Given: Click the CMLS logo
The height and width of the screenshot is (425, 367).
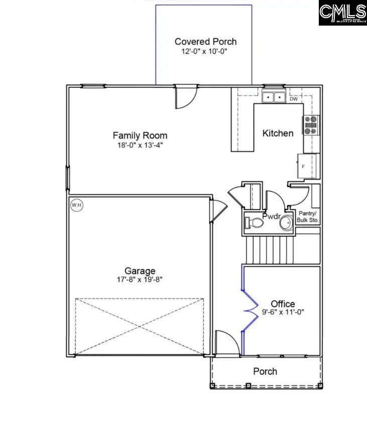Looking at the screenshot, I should [343, 13].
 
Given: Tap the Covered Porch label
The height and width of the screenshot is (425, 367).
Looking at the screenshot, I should [205, 42].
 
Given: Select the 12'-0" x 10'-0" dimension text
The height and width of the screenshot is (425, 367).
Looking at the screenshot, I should [205, 51].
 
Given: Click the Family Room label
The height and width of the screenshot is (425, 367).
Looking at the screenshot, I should [140, 135].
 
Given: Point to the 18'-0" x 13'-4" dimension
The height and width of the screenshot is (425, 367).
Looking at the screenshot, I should [140, 145].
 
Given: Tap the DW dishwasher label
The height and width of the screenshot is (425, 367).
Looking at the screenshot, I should [294, 99].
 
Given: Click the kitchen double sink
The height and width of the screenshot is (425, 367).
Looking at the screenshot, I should [274, 97].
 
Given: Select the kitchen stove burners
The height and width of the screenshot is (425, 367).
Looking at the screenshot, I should [310, 124].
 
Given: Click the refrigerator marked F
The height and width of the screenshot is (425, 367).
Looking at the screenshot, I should [304, 166].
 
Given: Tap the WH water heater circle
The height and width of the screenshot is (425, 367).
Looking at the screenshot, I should [76, 205].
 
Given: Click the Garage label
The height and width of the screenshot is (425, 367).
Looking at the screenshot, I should [140, 271].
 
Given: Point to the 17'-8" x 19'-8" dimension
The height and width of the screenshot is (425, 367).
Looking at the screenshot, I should [140, 280].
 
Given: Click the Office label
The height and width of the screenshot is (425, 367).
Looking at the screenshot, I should [283, 304].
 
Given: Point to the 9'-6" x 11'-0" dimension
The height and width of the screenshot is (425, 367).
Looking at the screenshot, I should [283, 312].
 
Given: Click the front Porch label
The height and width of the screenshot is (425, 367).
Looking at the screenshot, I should [265, 371].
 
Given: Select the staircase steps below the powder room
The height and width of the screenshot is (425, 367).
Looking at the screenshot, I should [269, 249].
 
